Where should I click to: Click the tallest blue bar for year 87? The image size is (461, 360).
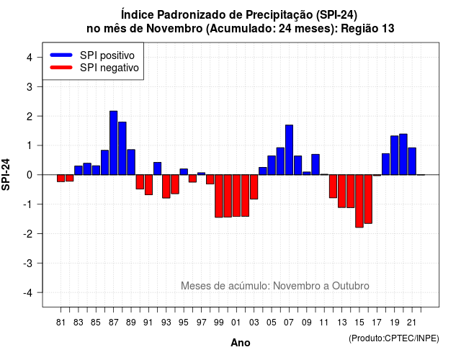tap(114, 143)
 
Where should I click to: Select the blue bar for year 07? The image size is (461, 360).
tap(290, 150)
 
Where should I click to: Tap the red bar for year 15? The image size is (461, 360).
tap(359, 201)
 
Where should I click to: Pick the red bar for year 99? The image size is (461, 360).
tap(219, 196)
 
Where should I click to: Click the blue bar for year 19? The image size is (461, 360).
tap(395, 156)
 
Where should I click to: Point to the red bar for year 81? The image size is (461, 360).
tap(61, 178)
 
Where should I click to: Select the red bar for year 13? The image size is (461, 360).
tap(341, 191)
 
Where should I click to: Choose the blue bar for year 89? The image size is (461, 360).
tap(131, 162)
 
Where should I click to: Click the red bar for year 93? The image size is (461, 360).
tap(166, 186)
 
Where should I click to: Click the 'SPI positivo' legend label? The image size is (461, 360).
tap(107, 55)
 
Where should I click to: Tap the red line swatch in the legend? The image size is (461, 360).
tap(61, 67)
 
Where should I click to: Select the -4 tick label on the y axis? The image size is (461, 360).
tap(28, 293)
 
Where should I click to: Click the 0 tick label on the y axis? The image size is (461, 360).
tap(30, 175)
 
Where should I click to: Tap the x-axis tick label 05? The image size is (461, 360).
tap(272, 323)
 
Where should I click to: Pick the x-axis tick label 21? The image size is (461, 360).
tap(412, 323)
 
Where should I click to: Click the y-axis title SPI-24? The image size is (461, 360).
tap(6, 174)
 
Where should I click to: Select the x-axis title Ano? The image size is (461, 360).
tap(241, 343)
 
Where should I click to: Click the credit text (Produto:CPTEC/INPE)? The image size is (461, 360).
tap(394, 338)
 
